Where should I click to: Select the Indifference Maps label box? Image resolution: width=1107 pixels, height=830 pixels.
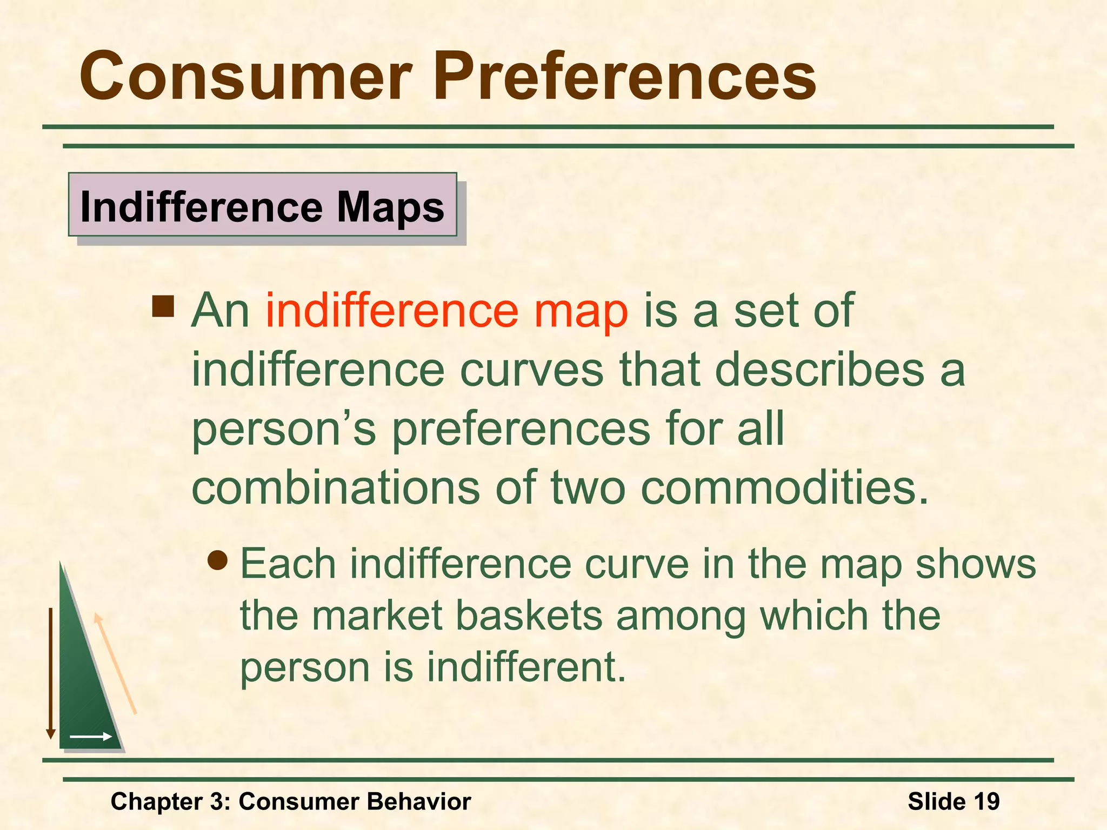(x=263, y=205)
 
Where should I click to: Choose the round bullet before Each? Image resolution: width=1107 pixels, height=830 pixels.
(x=218, y=561)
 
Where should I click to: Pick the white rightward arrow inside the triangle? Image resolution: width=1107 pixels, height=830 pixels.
(x=91, y=737)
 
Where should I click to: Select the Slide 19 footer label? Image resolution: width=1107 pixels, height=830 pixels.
(x=953, y=801)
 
